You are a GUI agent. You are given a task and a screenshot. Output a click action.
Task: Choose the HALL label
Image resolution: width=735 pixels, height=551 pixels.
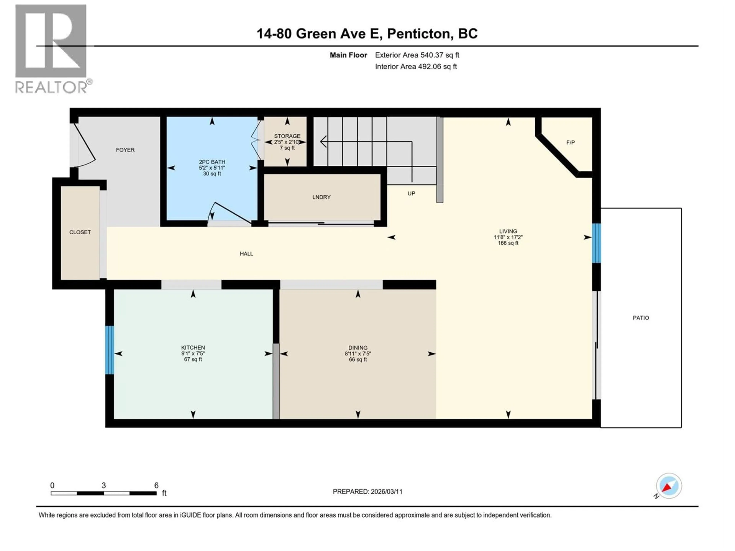(246, 254)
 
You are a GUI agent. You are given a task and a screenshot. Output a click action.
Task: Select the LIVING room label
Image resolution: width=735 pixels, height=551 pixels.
(508, 231)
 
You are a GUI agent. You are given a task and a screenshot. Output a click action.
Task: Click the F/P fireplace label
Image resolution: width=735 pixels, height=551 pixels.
(571, 143)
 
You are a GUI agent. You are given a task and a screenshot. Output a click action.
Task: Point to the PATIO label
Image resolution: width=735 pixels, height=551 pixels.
(641, 318)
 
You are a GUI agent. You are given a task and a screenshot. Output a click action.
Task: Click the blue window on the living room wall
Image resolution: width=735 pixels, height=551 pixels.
(596, 243)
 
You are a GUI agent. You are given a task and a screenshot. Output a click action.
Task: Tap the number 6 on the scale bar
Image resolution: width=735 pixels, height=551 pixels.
(156, 485)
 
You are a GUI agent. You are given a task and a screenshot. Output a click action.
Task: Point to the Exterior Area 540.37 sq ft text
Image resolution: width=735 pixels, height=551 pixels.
(417, 55)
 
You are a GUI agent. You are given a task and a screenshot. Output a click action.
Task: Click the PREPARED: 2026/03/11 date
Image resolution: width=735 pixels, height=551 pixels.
(367, 491)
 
